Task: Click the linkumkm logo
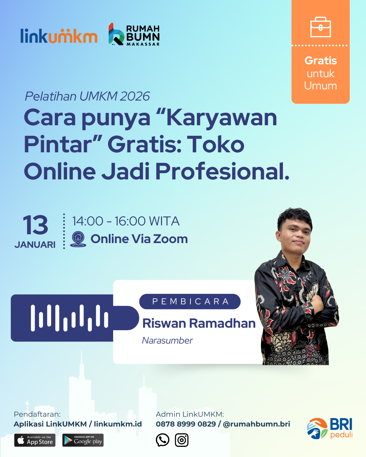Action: pyautogui.click(x=59, y=36)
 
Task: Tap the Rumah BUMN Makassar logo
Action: pyautogui.click(x=134, y=34)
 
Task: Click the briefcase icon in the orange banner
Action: pyautogui.click(x=321, y=27)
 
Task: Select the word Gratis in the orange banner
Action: pyautogui.click(x=321, y=61)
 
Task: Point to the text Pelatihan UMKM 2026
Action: pyautogui.click(x=87, y=96)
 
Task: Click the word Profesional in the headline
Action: pyautogui.click(x=222, y=171)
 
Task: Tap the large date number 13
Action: pyautogui.click(x=35, y=225)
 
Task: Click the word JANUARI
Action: pyautogui.click(x=35, y=245)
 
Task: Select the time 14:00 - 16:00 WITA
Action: pyautogui.click(x=126, y=221)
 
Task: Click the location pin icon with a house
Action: pyautogui.click(x=78, y=239)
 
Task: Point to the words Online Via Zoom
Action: pyautogui.click(x=139, y=239)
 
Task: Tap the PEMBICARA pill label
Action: pyautogui.click(x=190, y=302)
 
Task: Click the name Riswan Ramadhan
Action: pyautogui.click(x=199, y=323)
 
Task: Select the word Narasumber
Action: pyautogui.click(x=167, y=341)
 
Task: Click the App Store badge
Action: pyautogui.click(x=35, y=440)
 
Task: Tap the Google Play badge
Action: pyautogui.click(x=83, y=440)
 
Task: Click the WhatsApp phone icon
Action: pyautogui.click(x=162, y=440)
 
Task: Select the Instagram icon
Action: pyautogui.click(x=182, y=440)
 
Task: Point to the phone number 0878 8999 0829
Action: pyautogui.click(x=186, y=424)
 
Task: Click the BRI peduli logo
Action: pyautogui.click(x=330, y=429)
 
